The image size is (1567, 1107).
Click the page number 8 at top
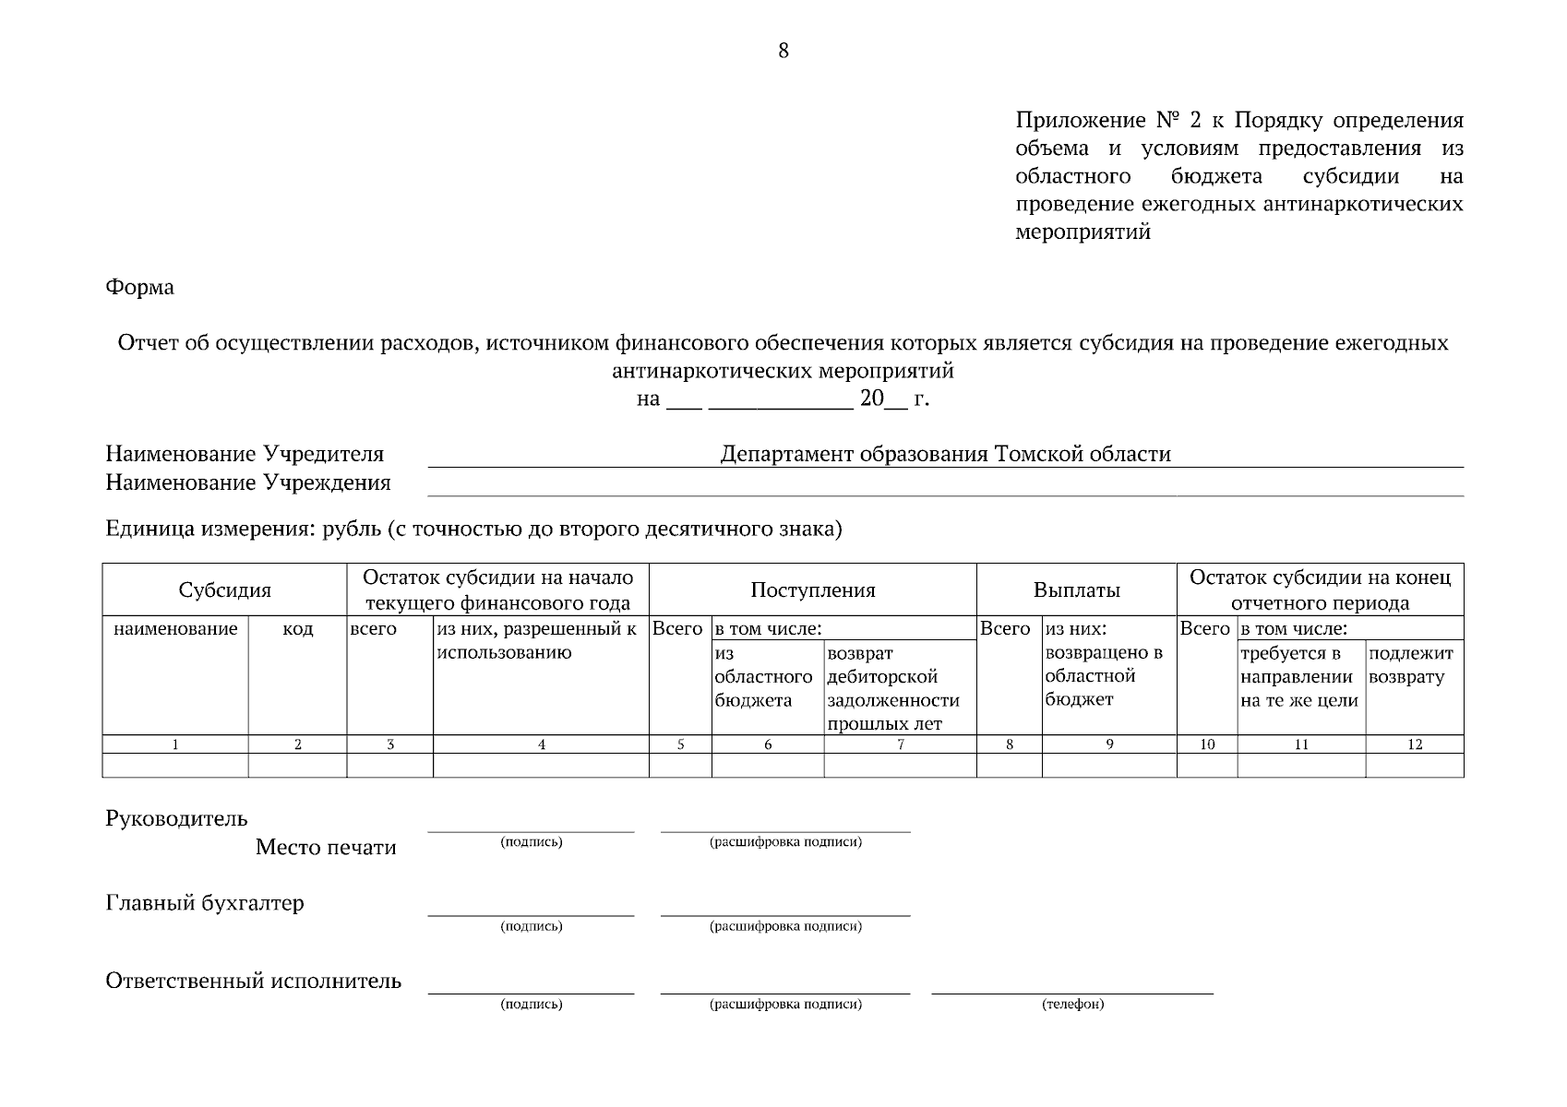[x=783, y=51]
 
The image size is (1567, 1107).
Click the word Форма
[x=139, y=288]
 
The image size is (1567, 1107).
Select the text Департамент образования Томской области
[x=945, y=454]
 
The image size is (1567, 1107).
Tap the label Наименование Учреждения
[x=247, y=482]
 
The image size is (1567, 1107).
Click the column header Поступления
[x=812, y=590]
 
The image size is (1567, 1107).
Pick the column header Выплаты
[x=1076, y=590]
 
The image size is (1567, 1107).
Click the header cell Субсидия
[x=224, y=590]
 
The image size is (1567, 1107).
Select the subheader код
[x=297, y=629]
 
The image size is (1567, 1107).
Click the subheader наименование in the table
[x=175, y=629]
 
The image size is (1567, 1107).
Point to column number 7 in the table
[x=900, y=744]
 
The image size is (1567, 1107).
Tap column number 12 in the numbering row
[x=1414, y=744]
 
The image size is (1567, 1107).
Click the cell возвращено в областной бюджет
[x=1104, y=676]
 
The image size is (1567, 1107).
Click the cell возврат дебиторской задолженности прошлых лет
[x=893, y=688]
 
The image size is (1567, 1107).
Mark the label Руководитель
[x=176, y=818]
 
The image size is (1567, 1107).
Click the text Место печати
[x=326, y=848]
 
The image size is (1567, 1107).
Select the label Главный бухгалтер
[x=205, y=903]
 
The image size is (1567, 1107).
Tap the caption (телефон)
[x=1072, y=1005]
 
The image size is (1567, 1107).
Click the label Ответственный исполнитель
[x=253, y=981]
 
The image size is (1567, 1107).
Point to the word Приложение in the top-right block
[x=1080, y=121]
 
